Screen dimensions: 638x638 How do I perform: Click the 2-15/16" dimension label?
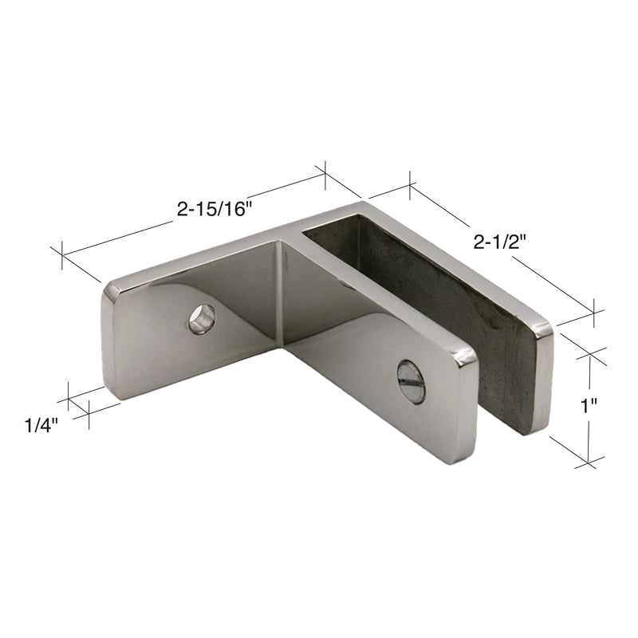point(215,209)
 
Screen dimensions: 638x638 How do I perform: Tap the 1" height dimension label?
point(589,406)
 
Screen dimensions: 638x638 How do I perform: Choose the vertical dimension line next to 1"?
point(589,375)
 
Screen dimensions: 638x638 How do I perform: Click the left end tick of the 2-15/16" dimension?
point(61,254)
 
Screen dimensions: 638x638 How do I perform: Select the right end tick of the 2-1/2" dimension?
point(594,312)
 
